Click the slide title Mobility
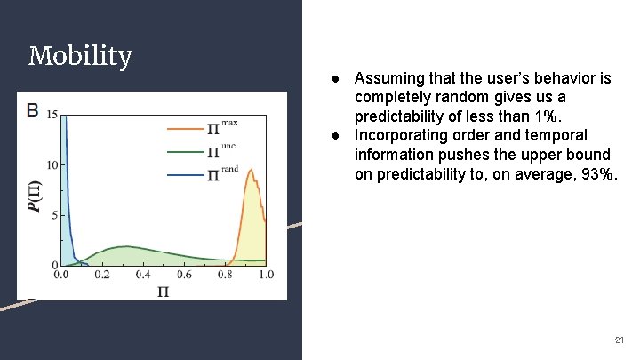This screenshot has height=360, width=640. click(x=80, y=57)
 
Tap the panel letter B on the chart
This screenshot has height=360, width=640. click(x=33, y=110)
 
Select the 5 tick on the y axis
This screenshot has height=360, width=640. click(x=54, y=214)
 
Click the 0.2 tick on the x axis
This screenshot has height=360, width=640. click(x=101, y=276)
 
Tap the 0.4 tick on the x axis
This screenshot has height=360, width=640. click(x=143, y=276)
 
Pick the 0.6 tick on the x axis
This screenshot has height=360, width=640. click(x=184, y=276)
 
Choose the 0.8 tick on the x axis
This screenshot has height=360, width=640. click(x=225, y=276)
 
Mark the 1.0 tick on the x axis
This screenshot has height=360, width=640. click(x=265, y=276)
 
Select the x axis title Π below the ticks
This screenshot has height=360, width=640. click(x=163, y=292)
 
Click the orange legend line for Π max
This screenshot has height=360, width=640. click(x=184, y=129)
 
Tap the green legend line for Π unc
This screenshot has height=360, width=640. click(x=184, y=152)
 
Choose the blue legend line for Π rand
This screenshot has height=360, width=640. click(x=184, y=175)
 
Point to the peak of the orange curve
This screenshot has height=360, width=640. click(x=252, y=169)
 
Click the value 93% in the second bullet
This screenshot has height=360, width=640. click(x=600, y=174)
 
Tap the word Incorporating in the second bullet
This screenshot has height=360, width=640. click(x=397, y=135)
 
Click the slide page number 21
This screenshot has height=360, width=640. click(x=619, y=340)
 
